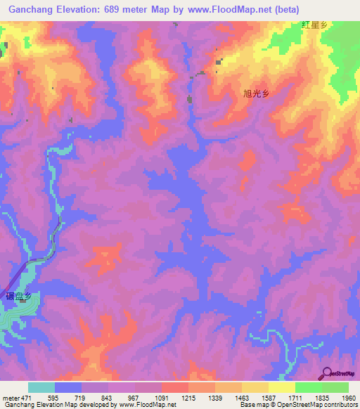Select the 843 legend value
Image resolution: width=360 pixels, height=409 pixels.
click(107, 397)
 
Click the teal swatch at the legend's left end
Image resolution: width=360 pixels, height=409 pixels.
click(41, 387)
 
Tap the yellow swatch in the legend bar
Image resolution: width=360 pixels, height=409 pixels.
click(281, 387)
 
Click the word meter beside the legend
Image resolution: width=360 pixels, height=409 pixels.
click(10, 397)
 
